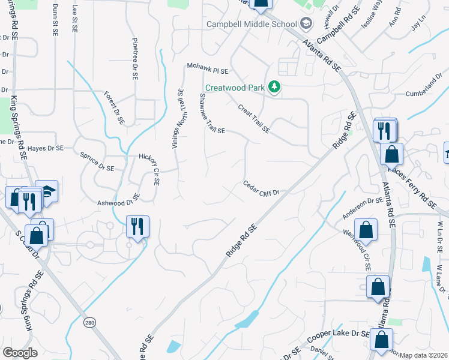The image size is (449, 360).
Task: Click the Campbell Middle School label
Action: point(252,24)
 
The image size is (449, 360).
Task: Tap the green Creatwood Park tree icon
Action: point(274,88)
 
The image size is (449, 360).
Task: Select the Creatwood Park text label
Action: point(235,88)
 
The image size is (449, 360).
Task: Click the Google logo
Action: point(20,353)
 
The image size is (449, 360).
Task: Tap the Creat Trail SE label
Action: point(253,118)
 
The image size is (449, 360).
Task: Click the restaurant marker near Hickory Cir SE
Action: point(138,227)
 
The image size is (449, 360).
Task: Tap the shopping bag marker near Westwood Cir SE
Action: point(366,230)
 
